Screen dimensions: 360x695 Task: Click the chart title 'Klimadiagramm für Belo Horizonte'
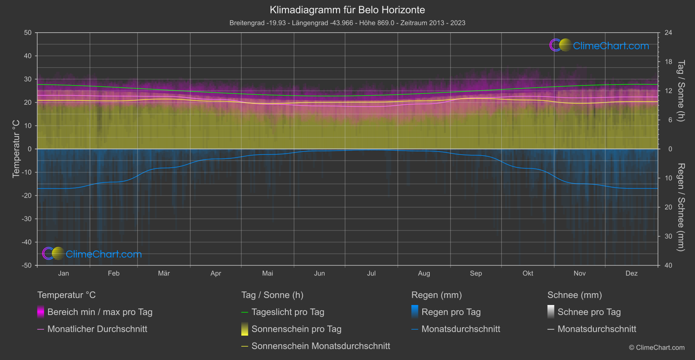pos(347,10)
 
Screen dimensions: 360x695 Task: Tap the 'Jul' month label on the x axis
pos(371,273)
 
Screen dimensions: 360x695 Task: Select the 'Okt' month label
pos(528,273)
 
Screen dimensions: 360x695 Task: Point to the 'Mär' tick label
pos(164,273)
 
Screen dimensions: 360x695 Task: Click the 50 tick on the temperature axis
pos(28,33)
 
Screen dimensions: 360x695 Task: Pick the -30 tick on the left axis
pos(27,219)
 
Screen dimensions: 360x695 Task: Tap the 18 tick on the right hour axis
pos(668,62)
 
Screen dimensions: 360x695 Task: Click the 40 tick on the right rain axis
pos(668,265)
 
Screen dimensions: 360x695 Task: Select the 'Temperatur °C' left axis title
pos(16,149)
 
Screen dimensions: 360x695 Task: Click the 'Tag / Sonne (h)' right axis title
pos(681,91)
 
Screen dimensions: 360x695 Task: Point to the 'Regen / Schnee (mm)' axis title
pos(681,207)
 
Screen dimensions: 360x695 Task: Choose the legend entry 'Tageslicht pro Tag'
pos(288,312)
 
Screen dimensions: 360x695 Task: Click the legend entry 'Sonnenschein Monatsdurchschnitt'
pos(321,346)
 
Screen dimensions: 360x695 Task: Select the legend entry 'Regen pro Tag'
pos(451,312)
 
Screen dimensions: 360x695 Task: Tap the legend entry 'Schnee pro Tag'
pos(589,312)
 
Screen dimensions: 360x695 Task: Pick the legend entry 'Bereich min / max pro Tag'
pos(100,312)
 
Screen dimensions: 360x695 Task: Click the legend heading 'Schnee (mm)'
pos(575,295)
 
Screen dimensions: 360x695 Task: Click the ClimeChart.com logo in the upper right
pos(599,45)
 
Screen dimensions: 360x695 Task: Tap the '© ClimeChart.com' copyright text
pos(657,347)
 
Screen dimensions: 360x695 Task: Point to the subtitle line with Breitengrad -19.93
pos(347,23)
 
